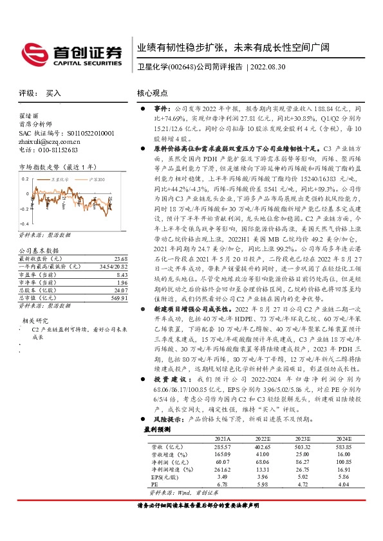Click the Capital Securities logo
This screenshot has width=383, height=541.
click(x=71, y=53)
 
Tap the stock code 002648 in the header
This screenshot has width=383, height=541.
click(x=183, y=67)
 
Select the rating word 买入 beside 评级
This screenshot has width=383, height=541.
click(x=53, y=93)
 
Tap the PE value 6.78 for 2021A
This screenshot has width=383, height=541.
click(x=223, y=484)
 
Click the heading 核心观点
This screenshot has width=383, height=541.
click(x=152, y=93)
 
